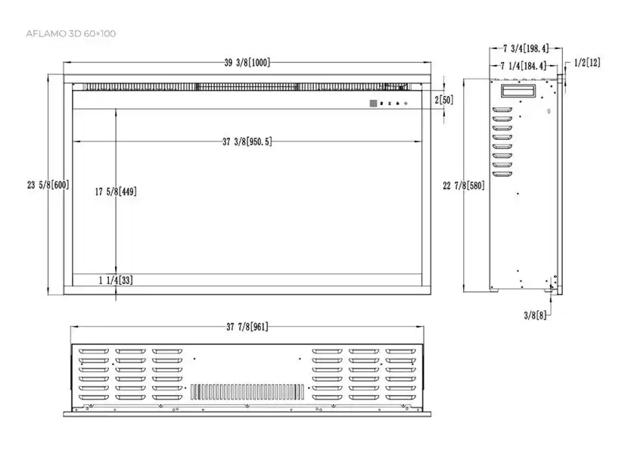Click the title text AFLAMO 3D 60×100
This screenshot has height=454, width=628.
pyautogui.click(x=71, y=33)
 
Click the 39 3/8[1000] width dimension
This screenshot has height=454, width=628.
pyautogui.click(x=247, y=63)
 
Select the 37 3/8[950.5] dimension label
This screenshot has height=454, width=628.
pyautogui.click(x=247, y=141)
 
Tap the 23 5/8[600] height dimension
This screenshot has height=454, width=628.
pyautogui.click(x=48, y=185)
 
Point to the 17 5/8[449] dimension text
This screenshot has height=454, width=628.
pyautogui.click(x=116, y=191)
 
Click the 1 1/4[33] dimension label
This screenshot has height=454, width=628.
pyautogui.click(x=116, y=280)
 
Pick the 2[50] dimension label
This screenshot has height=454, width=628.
pyautogui.click(x=444, y=100)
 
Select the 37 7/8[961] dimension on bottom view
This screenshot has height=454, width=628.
pyautogui.click(x=247, y=327)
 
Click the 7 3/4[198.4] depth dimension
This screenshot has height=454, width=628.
pyautogui.click(x=526, y=48)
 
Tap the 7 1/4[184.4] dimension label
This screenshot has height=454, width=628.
pyautogui.click(x=523, y=66)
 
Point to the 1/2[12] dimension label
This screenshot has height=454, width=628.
pyautogui.click(x=587, y=63)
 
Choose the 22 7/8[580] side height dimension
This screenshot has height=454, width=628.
pyautogui.click(x=464, y=185)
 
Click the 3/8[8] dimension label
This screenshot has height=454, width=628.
pyautogui.click(x=535, y=316)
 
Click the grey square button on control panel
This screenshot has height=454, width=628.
pyautogui.click(x=373, y=104)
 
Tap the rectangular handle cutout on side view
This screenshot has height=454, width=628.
pyautogui.click(x=518, y=91)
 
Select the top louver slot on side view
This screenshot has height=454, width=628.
pyautogui.click(x=502, y=110)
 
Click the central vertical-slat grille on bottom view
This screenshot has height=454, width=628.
pyautogui.click(x=247, y=392)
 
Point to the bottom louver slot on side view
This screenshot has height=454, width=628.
pyautogui.click(x=502, y=174)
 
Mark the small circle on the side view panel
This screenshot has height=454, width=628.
pyautogui.click(x=549, y=111)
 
